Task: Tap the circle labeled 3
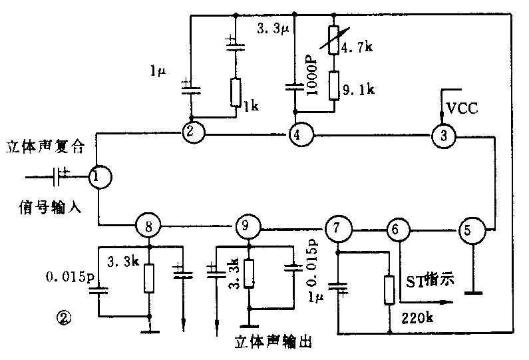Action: point(441,136)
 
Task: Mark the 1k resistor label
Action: point(250,106)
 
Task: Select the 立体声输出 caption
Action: point(273,342)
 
